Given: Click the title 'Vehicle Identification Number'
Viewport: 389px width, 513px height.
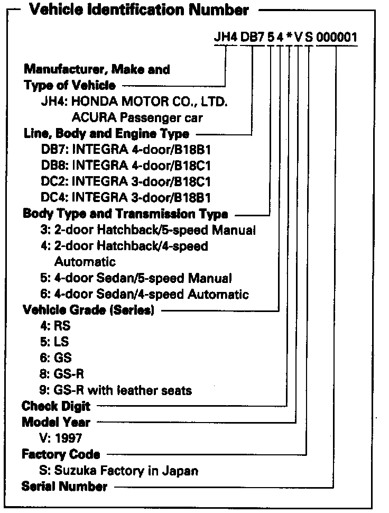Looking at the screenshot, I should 138,10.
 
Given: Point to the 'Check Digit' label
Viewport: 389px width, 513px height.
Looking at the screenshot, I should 56,406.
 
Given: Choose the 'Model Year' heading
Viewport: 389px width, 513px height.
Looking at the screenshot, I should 56,422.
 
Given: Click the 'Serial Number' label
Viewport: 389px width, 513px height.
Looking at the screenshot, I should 64,486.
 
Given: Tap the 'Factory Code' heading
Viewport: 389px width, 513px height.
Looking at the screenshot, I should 61,454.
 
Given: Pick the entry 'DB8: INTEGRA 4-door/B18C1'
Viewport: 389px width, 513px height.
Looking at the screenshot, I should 127,165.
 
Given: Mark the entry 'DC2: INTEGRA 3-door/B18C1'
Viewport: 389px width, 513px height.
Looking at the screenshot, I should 127,181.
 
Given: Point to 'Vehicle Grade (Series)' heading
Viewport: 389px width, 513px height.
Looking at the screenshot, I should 88,310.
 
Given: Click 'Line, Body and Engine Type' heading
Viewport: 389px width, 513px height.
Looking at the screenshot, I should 106,134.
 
